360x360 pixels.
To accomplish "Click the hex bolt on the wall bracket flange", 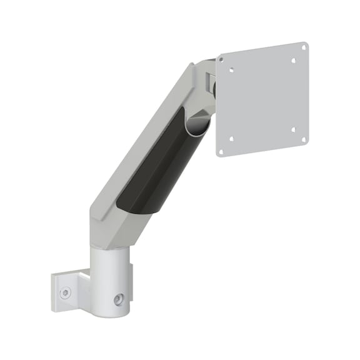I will pyautogui.click(x=65, y=292).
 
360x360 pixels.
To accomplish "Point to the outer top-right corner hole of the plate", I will pyautogui.click(x=303, y=46).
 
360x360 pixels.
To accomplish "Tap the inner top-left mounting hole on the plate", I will pyautogui.click(x=232, y=71).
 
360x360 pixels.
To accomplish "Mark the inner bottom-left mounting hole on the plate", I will pyautogui.click(x=231, y=139).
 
